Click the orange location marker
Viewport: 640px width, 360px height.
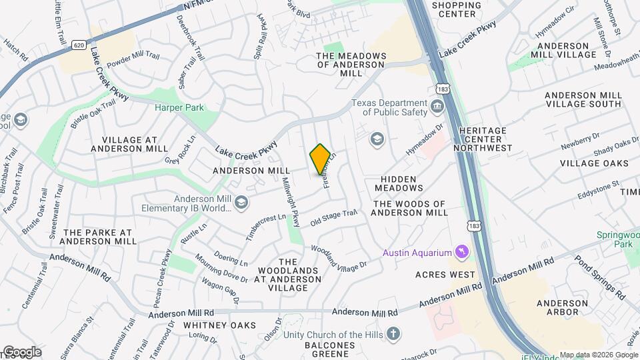(321, 159)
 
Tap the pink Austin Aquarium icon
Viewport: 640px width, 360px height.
(459, 252)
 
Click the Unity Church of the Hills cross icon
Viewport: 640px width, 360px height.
(393, 333)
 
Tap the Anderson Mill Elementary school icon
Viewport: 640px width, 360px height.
(241, 203)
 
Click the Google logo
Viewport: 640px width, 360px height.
(21, 351)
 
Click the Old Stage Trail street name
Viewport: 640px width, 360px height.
(334, 216)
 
